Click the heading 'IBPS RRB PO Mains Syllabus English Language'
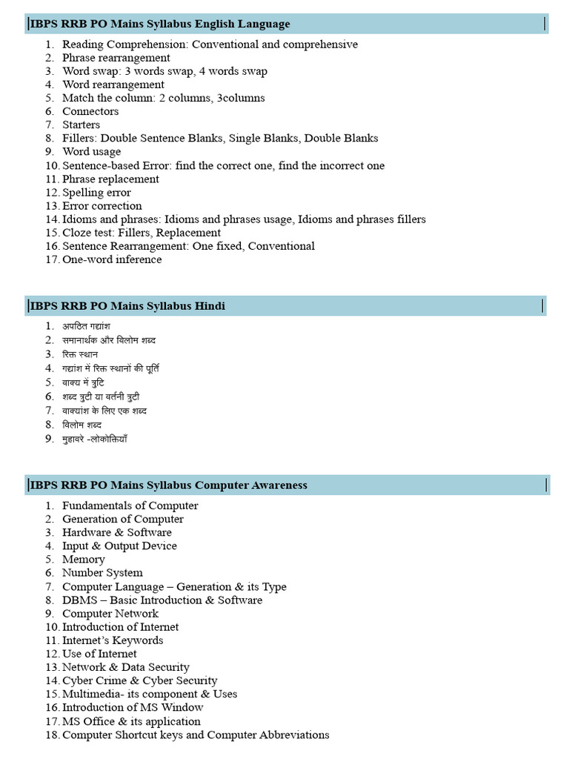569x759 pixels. (x=160, y=24)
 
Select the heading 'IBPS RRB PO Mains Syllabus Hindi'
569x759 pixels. (x=127, y=305)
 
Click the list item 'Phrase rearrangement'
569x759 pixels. (x=116, y=58)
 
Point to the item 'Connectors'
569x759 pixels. (x=90, y=111)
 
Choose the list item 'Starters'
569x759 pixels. (x=81, y=125)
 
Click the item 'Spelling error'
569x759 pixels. (x=96, y=193)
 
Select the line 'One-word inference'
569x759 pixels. (x=112, y=259)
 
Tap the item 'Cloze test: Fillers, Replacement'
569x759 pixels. (x=142, y=233)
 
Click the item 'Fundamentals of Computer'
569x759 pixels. (x=130, y=506)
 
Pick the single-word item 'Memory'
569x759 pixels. (x=84, y=560)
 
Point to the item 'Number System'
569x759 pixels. (x=102, y=573)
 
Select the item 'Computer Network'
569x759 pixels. (x=110, y=614)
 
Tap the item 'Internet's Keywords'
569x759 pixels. (x=113, y=640)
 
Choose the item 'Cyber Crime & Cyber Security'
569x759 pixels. (x=140, y=680)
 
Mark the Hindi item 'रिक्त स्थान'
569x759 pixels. (x=80, y=354)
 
